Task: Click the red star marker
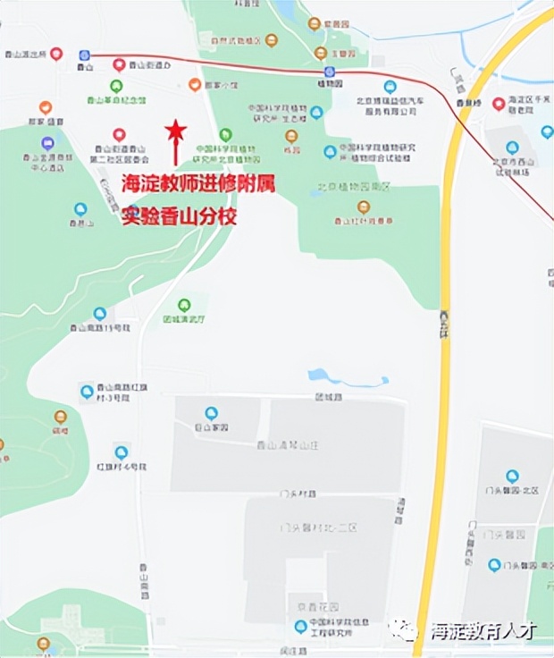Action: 176,131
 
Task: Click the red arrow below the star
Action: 176,154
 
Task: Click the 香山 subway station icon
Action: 85,55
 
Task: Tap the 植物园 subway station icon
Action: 330,72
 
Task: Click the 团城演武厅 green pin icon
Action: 184,305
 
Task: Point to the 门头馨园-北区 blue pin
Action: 512,477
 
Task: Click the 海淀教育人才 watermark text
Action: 483,630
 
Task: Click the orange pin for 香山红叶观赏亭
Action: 364,207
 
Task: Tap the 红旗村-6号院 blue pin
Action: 121,452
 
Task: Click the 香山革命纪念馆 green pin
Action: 116,87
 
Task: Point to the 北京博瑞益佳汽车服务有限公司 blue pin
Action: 389,88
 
